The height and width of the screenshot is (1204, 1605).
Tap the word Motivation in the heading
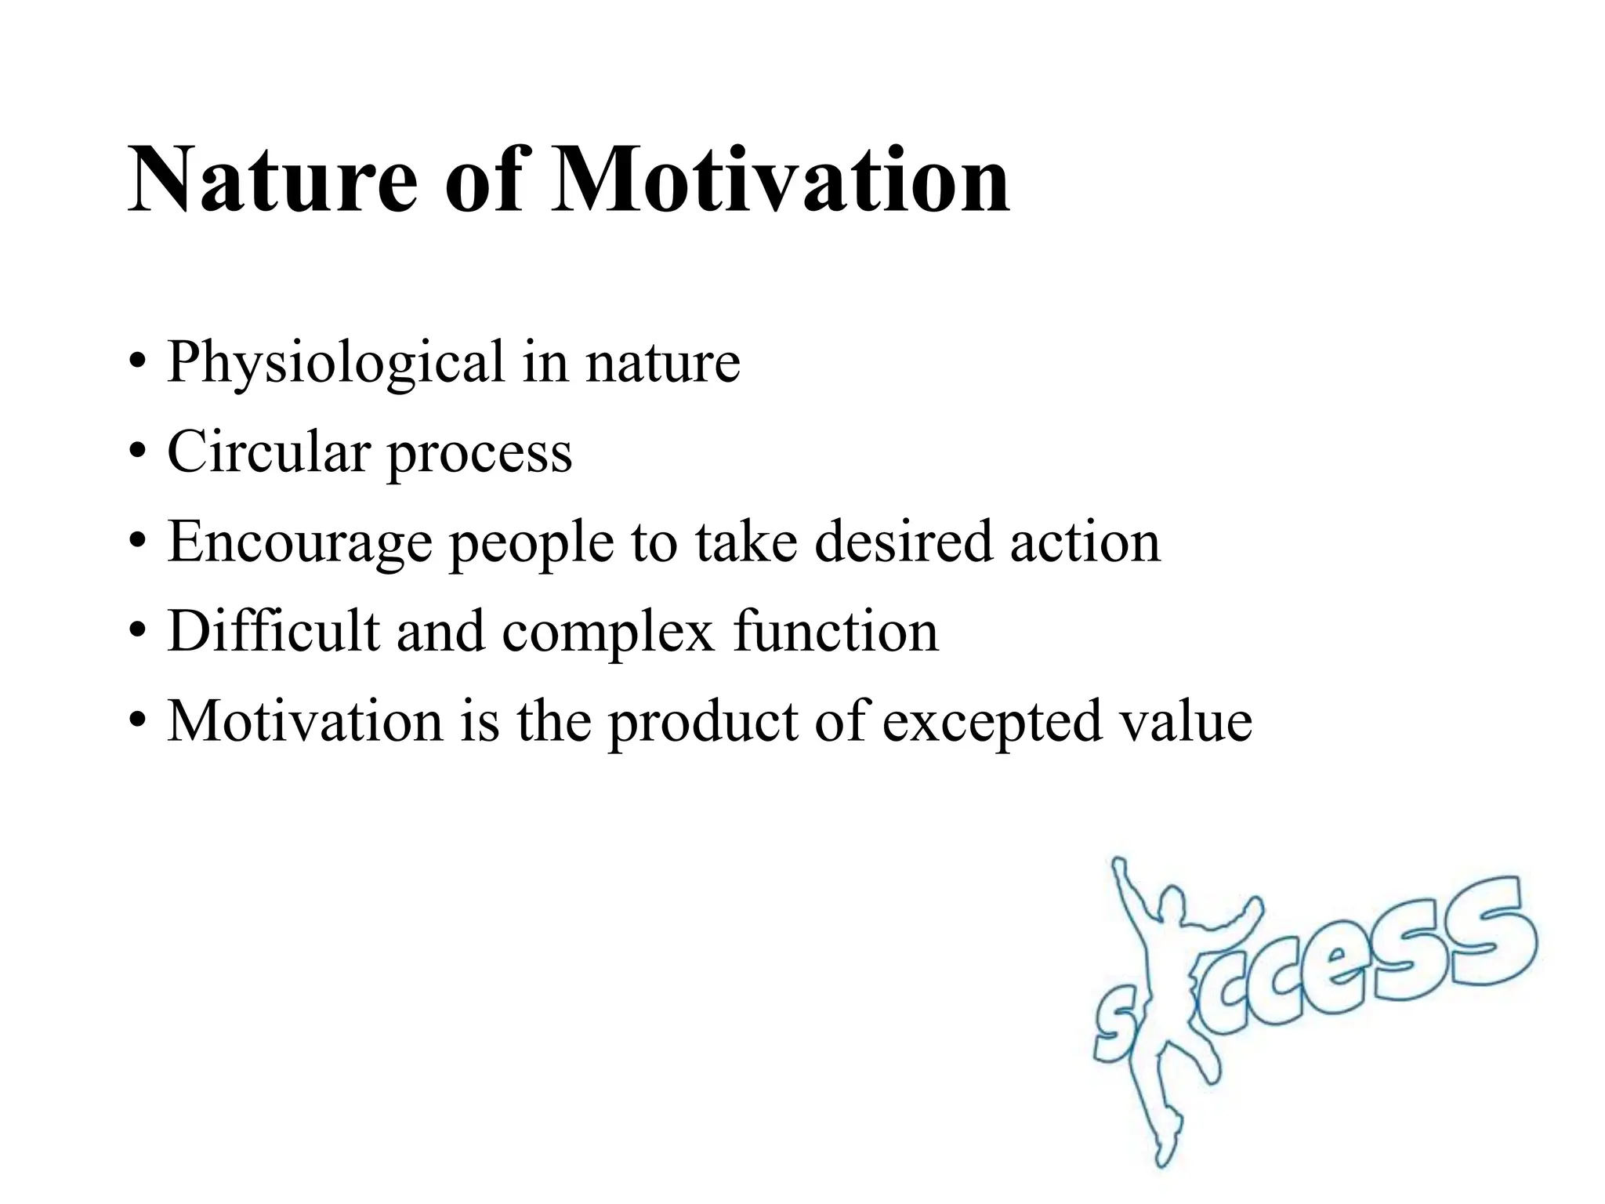click(780, 182)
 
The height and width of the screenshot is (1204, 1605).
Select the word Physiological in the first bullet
click(335, 364)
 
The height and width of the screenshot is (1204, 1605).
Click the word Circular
click(268, 452)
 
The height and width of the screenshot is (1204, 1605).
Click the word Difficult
click(273, 631)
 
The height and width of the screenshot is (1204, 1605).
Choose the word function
click(835, 631)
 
